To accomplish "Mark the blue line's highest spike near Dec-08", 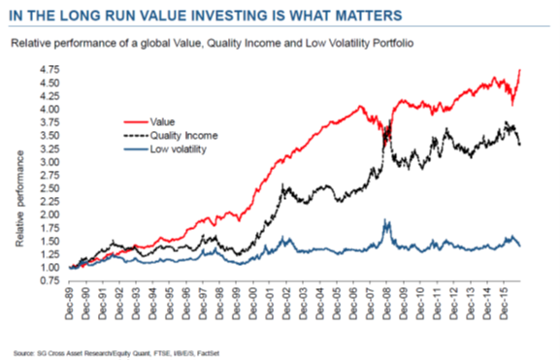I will pyautogui.click(x=386, y=220).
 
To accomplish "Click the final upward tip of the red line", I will pyautogui.click(x=521, y=70).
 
